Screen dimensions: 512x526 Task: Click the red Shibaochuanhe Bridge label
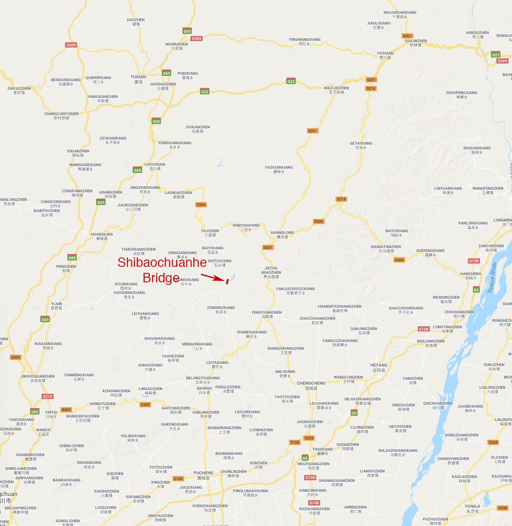(x=161, y=269)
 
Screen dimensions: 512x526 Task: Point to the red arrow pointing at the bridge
(x=212, y=278)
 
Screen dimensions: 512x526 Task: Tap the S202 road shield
(x=309, y=438)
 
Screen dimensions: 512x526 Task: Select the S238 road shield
(x=493, y=442)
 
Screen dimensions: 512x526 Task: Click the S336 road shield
(x=502, y=508)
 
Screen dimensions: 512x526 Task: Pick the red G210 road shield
(x=48, y=396)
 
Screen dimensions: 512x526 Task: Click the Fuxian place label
(x=138, y=79)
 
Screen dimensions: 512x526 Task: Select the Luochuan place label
(x=155, y=166)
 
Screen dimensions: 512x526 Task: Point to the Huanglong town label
(x=282, y=234)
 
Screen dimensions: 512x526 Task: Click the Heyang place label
(x=379, y=367)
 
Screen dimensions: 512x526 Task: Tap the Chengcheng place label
(x=311, y=385)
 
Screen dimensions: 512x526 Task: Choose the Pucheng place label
(x=203, y=475)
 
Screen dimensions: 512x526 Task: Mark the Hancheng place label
(x=470, y=275)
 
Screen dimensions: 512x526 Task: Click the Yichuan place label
(x=385, y=55)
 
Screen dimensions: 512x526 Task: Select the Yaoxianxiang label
(x=279, y=169)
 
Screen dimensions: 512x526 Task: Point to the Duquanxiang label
(x=477, y=150)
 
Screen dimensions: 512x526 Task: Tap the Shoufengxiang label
(x=461, y=94)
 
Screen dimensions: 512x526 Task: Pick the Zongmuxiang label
(x=221, y=309)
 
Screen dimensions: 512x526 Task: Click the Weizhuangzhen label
(x=313, y=466)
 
